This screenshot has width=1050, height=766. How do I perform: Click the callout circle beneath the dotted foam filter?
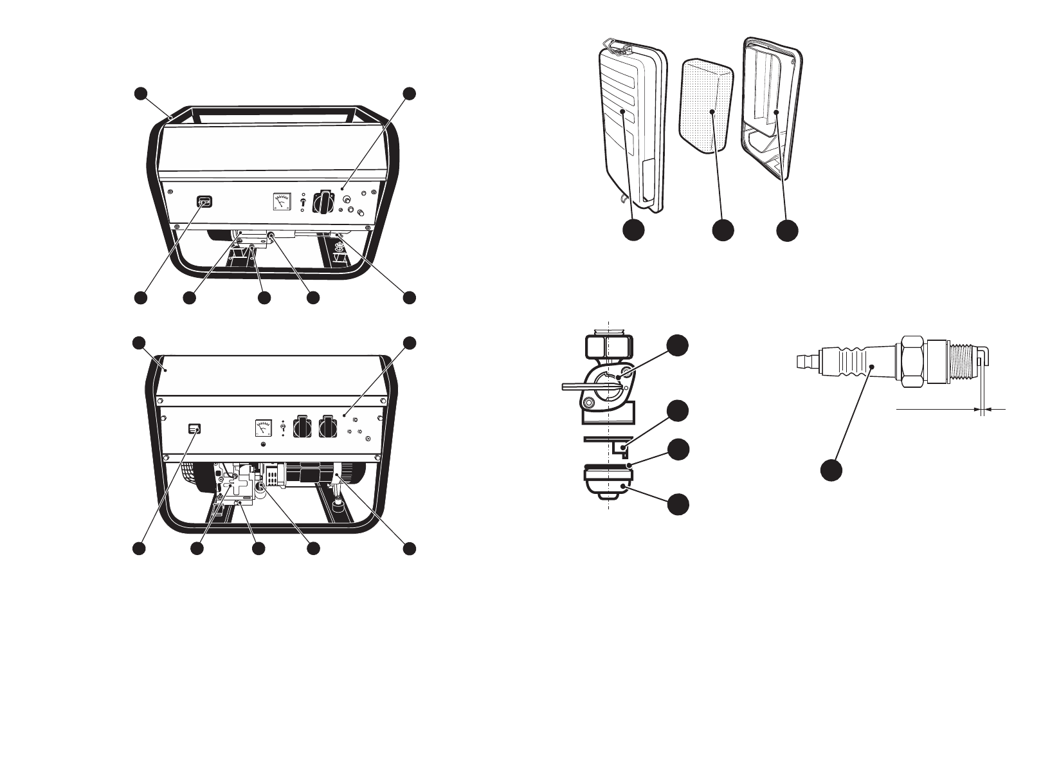723,230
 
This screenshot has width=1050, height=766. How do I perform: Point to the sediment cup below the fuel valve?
608,482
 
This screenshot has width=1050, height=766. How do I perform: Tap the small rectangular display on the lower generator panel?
194,429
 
